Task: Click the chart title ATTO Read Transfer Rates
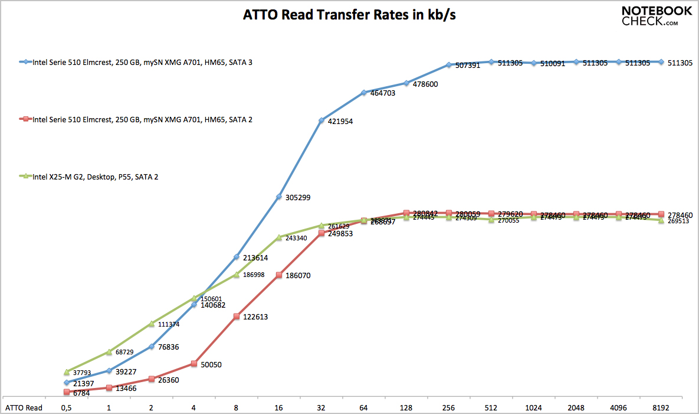[349, 15]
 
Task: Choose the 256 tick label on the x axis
[449, 408]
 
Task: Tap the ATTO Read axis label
[24, 408]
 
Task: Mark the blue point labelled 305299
[279, 197]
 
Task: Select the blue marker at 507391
[449, 65]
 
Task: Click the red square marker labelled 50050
[194, 364]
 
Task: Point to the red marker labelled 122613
[237, 317]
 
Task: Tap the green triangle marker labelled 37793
[67, 373]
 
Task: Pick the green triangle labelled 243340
[279, 237]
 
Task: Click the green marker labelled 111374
[152, 324]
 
